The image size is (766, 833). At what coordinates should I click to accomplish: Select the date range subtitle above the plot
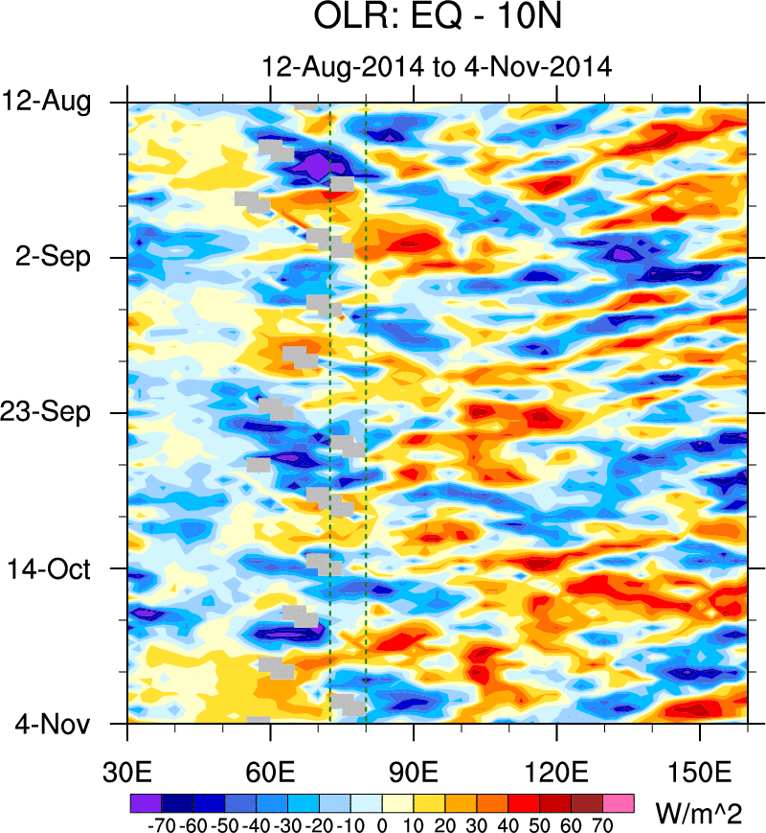click(x=437, y=67)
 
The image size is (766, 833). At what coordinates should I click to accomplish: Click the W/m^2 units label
click(x=699, y=816)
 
